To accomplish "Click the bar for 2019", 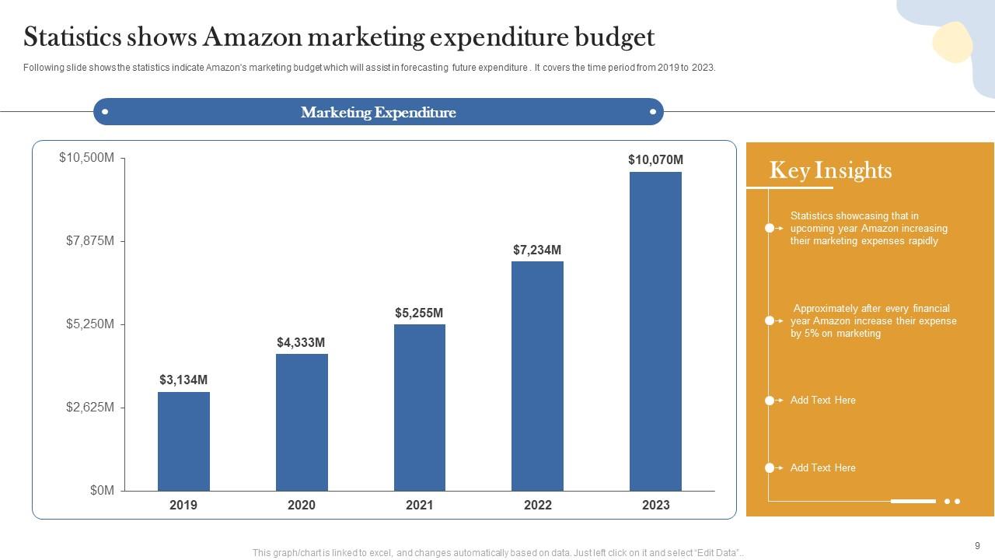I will (x=183, y=441).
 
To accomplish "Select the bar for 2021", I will (x=420, y=407).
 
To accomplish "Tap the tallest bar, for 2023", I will (x=655, y=331).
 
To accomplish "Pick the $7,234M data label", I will (x=537, y=250).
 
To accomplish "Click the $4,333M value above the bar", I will (x=301, y=342).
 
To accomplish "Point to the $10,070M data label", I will (x=655, y=159).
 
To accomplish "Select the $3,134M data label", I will (x=183, y=380).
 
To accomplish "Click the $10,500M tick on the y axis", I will (x=86, y=158).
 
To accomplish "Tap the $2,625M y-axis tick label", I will (x=89, y=407).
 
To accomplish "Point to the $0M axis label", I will (x=102, y=490).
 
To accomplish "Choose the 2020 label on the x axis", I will (x=302, y=505).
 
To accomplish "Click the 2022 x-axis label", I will (x=537, y=505).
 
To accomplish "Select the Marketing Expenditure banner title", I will (x=379, y=112).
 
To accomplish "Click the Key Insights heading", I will (x=830, y=170).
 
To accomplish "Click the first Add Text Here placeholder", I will (x=822, y=400).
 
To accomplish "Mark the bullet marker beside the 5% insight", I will (x=770, y=320).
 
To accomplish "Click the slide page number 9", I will (x=977, y=546).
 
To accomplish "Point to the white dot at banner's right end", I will (x=653, y=112).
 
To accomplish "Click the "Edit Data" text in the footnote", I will (x=715, y=553).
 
